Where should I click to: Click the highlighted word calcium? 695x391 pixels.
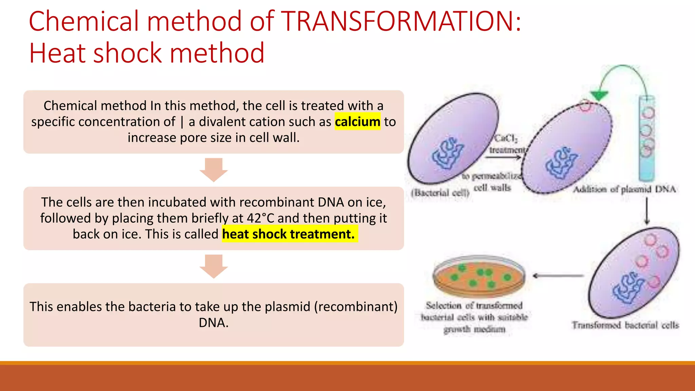pos(357,122)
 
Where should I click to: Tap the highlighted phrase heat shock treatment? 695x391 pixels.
pos(288,234)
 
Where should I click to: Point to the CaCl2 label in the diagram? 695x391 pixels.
pos(506,138)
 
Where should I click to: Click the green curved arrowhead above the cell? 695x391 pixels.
pos(599,96)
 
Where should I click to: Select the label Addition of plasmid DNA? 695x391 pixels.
pos(624,189)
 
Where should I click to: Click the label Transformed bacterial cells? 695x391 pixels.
pos(625,325)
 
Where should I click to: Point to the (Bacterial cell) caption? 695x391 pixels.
pos(440,193)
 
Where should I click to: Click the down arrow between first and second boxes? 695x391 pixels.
pos(213,169)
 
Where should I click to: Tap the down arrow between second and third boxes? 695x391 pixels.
pos(213,266)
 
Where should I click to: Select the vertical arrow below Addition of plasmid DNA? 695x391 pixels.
pos(647,211)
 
